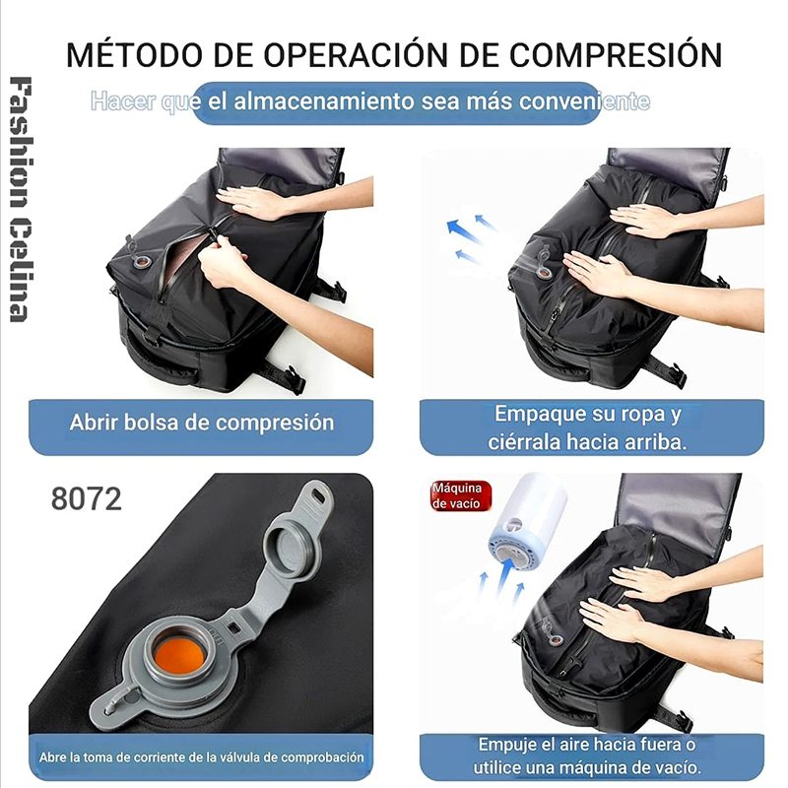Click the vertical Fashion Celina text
21,199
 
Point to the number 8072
87,499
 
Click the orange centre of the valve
179,655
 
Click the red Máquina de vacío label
459,496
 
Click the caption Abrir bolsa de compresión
202,423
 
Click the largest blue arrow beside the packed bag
462,231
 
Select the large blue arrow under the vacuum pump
505,576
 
